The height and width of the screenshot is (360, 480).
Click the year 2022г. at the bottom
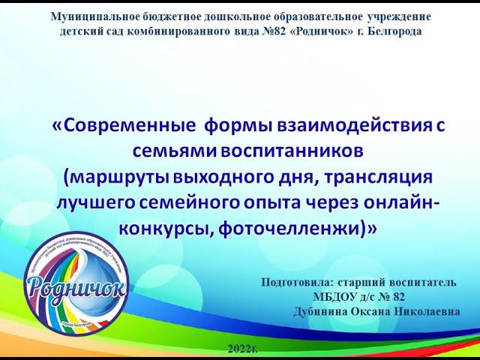(241, 350)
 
